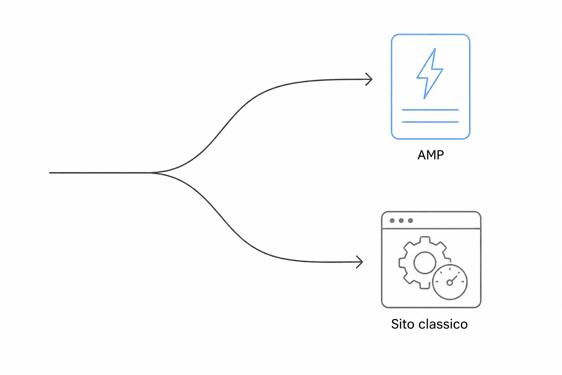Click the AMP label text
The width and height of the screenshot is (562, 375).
[x=431, y=155]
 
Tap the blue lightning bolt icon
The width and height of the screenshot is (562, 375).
[x=430, y=74]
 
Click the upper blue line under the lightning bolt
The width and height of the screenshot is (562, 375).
[x=430, y=110]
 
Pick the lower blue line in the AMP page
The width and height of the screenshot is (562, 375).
[x=430, y=122]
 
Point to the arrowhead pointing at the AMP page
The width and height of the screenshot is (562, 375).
[x=369, y=79]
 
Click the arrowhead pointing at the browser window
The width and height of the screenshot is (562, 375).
[x=360, y=262]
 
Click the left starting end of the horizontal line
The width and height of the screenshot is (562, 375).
[x=50, y=173]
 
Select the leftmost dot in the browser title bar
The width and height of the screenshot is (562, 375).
[x=392, y=220]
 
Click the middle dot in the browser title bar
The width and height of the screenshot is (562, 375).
[x=401, y=220]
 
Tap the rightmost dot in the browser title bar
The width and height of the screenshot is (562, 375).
[x=411, y=220]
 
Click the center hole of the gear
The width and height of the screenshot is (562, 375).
[x=424, y=263]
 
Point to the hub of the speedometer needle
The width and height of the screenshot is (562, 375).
[x=450, y=283]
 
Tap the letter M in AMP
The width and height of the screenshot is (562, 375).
[x=431, y=155]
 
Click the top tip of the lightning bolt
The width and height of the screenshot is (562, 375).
[x=435, y=48]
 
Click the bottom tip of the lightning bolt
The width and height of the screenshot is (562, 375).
[x=424, y=99]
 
